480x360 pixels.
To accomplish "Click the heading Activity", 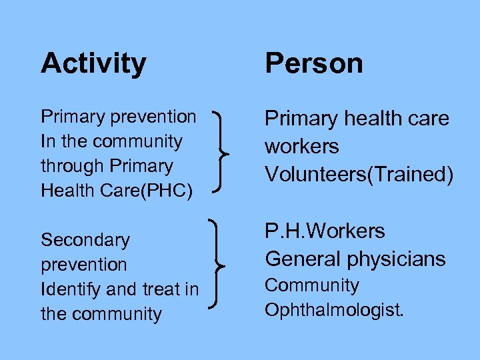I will click(93, 64).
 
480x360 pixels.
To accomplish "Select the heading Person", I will click(314, 64).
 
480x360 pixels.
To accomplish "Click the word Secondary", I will click(85, 240).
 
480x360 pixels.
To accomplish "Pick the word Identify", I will click(67, 289).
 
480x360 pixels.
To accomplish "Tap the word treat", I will click(159, 289).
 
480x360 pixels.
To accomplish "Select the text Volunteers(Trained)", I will click(359, 175).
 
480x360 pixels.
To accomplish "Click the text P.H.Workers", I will click(325, 231).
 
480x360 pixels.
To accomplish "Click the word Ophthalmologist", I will click(334, 311).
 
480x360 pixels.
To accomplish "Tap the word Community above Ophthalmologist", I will click(312, 285).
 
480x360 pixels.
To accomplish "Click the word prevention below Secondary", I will click(83, 265).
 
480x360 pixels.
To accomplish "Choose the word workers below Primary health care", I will click(301, 147).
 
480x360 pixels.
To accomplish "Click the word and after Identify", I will click(119, 289).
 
